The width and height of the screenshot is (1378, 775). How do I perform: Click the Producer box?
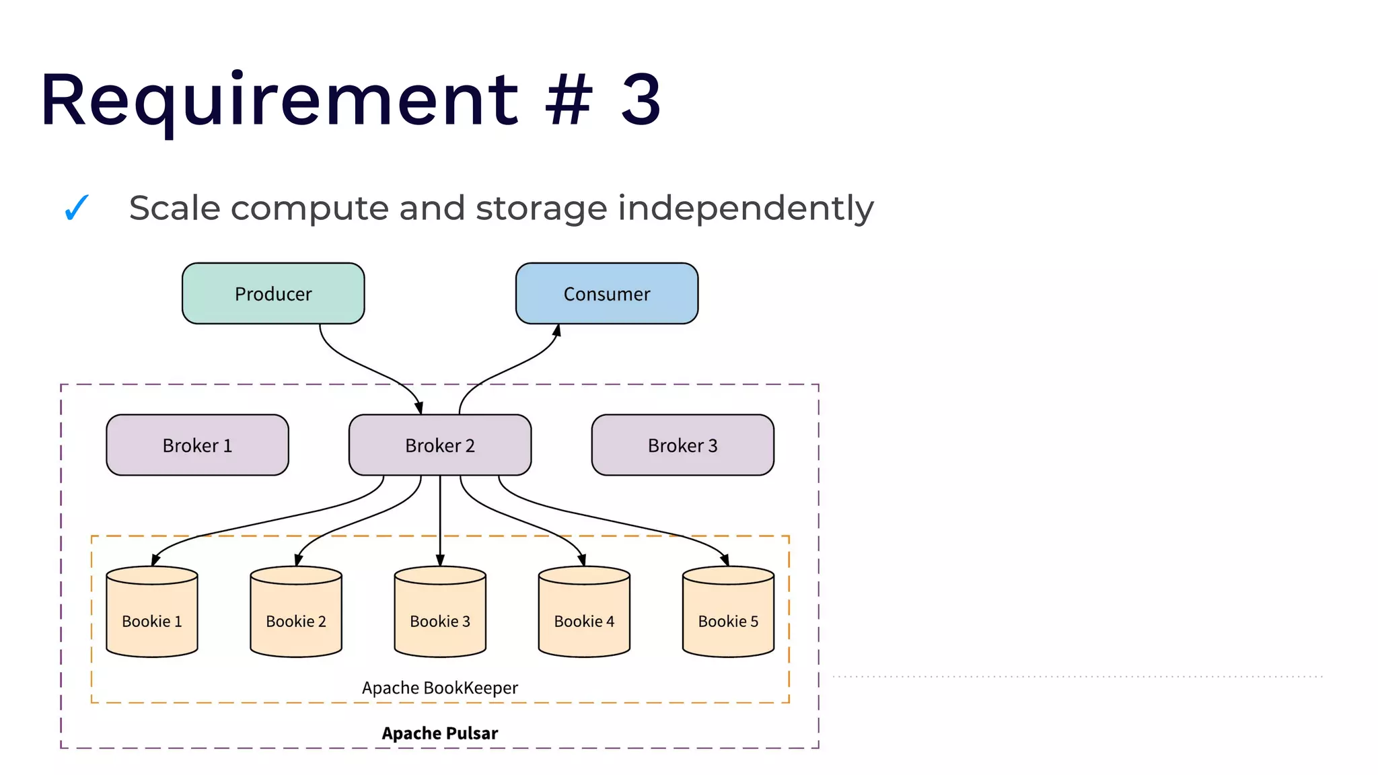273,294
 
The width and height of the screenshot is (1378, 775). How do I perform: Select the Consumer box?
606,294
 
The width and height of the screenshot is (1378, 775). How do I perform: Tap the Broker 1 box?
197,445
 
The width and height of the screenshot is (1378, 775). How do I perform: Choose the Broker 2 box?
439,445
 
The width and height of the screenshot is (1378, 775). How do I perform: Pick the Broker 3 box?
682,445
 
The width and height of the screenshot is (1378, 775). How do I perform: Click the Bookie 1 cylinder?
152,612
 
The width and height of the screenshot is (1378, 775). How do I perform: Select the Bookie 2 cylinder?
296,612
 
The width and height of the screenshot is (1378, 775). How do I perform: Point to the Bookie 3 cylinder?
440,612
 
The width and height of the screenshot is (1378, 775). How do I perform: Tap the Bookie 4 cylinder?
584,612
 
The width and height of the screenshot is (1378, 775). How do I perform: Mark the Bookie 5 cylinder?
728,612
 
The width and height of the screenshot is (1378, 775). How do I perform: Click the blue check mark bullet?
77,207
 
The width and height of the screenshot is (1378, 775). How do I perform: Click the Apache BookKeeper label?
440,688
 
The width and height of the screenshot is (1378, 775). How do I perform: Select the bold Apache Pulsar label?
440,733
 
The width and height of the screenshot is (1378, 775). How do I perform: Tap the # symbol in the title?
569,101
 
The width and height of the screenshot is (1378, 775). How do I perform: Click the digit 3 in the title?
641,101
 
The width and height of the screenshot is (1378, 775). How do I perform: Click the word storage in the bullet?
542,209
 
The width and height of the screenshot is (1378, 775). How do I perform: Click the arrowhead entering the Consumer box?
557,330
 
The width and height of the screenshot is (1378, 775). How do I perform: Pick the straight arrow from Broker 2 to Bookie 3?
440,518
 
